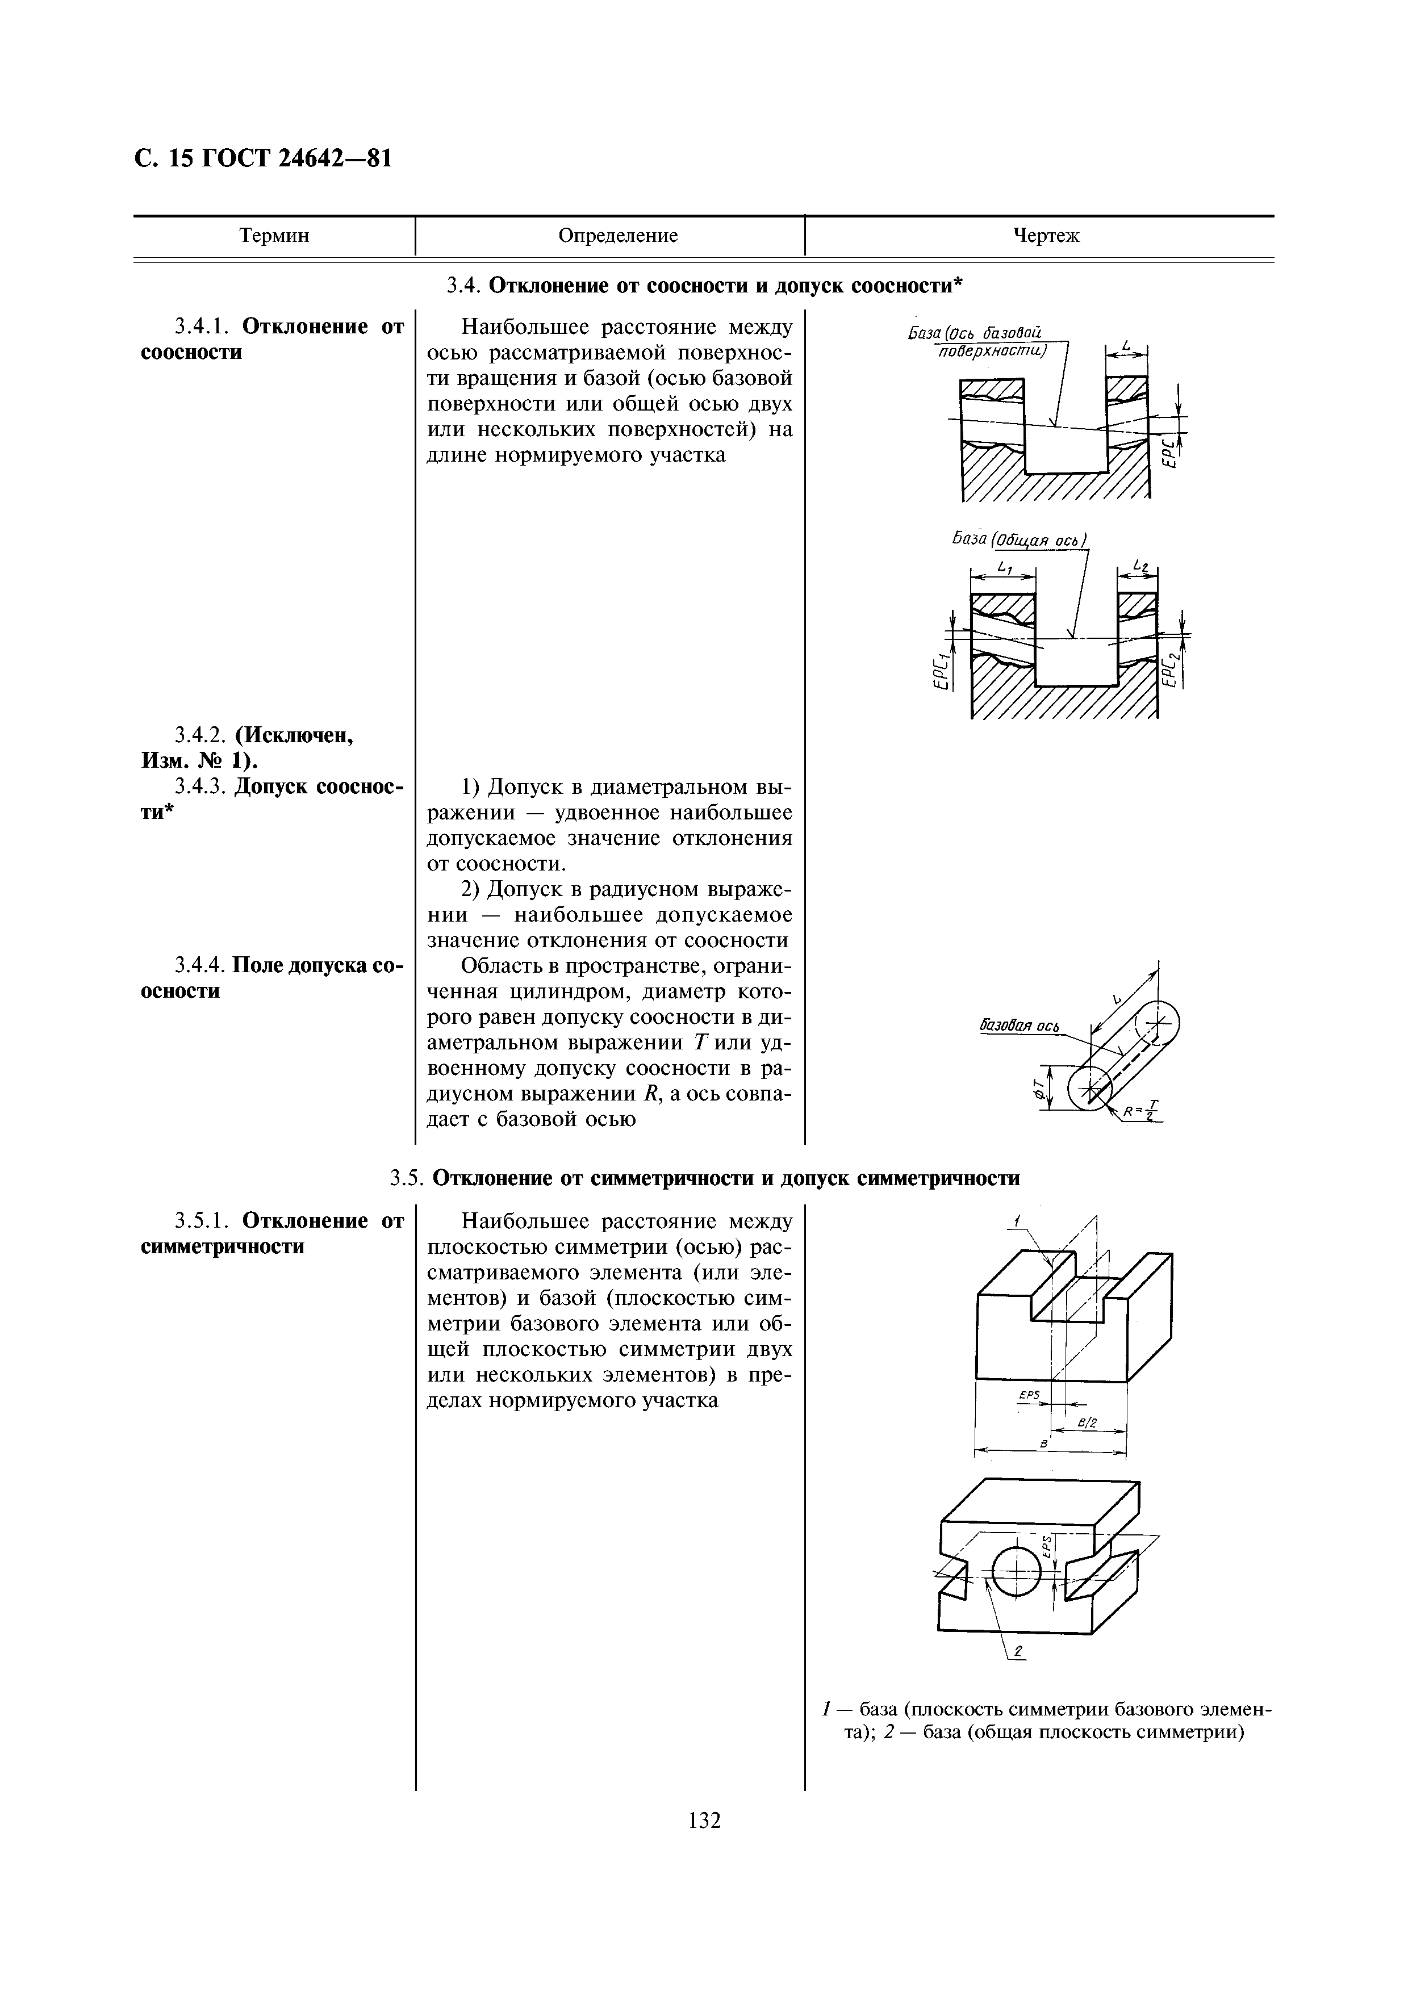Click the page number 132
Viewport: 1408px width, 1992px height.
(x=704, y=1820)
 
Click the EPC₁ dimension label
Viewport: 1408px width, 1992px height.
(x=939, y=672)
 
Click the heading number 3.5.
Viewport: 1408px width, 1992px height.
(x=405, y=1178)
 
